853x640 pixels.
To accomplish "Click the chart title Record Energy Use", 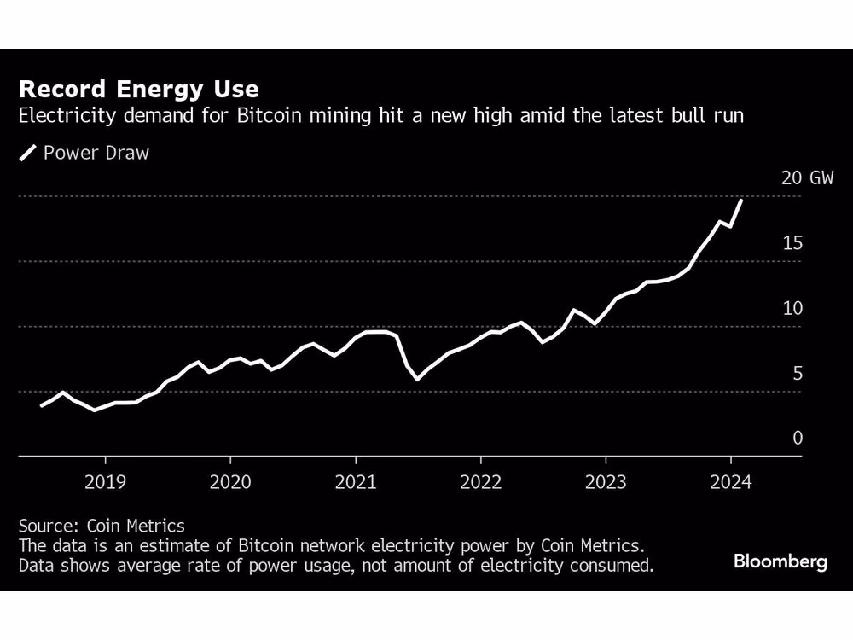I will click(138, 90).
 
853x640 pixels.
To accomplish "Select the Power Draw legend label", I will click(96, 154).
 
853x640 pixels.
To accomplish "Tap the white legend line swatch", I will click(29, 154).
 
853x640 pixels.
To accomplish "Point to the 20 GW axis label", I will click(807, 178).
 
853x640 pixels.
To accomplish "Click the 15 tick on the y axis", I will click(792, 243).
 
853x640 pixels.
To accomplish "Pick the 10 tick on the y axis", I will click(792, 308).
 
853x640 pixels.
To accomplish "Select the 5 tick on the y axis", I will click(798, 373).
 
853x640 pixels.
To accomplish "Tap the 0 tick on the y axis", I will click(798, 438).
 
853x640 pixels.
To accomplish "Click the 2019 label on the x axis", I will click(105, 482).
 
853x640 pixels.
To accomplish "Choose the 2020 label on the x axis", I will click(230, 482).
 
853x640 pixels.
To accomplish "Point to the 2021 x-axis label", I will click(355, 482).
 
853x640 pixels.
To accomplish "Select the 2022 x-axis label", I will click(480, 482).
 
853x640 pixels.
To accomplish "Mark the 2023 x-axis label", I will click(606, 482).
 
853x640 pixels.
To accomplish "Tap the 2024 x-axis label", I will click(730, 482).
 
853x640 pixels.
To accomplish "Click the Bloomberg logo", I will click(780, 562).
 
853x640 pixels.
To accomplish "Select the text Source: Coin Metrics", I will click(101, 526).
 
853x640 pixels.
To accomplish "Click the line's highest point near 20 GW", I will click(741, 201).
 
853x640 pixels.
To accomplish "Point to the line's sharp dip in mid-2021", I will click(417, 379).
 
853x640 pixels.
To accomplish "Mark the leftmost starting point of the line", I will click(42, 405).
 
